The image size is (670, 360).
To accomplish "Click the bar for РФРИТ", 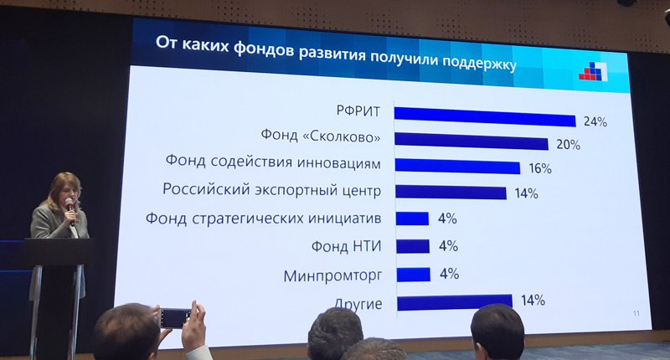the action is [485, 116].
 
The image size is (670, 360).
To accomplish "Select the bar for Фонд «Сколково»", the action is [472, 141].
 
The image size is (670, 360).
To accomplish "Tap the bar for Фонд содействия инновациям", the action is [457, 166].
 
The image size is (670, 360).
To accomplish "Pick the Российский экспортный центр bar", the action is [451, 193].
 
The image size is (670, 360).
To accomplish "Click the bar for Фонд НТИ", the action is [413, 246].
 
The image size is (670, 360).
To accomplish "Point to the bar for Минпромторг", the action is [413, 275].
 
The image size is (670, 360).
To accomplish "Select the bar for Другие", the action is [455, 302].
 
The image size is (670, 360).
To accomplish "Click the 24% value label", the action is [595, 121].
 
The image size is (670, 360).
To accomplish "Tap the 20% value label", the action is [568, 145].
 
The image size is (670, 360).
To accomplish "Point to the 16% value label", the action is [540, 168].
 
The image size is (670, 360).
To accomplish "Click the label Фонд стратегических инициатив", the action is [263, 219].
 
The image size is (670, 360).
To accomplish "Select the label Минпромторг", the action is [332, 276].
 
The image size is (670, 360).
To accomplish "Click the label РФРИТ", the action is [358, 111].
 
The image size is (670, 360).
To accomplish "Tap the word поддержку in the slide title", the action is [479, 62].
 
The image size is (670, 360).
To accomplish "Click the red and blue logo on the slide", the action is [594, 71].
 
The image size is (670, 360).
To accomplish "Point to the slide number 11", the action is [636, 313].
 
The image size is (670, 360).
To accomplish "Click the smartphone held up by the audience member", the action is [176, 319].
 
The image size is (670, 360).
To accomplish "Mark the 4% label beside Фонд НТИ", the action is [448, 246].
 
